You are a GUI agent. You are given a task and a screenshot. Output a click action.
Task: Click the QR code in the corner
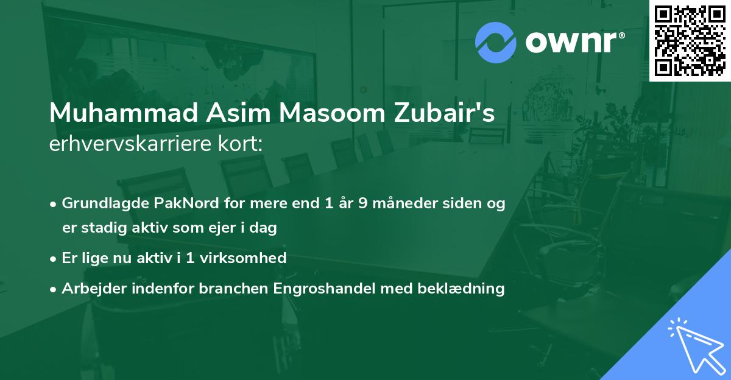point(690,41)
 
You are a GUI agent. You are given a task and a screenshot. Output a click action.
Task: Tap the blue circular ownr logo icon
point(496,43)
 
